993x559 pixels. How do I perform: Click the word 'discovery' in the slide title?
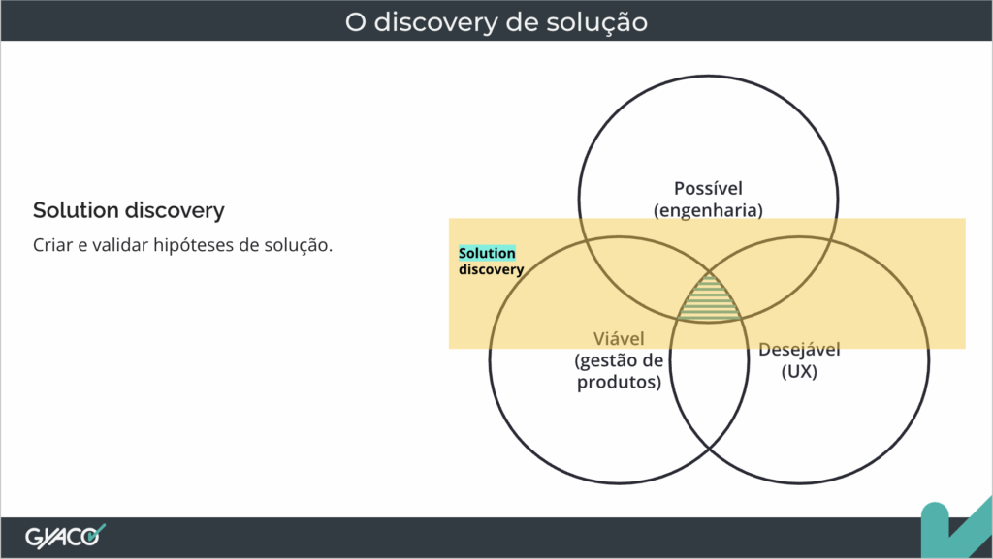pos(435,22)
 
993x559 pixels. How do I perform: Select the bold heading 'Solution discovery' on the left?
pos(129,210)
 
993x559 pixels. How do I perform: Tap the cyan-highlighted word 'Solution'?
pos(487,253)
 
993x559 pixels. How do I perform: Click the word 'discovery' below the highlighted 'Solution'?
pos(491,269)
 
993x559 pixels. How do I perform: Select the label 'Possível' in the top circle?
pos(708,189)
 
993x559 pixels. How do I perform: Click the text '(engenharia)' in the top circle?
pos(708,210)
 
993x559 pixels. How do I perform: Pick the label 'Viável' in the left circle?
pos(619,339)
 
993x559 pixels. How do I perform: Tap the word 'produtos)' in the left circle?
pos(619,382)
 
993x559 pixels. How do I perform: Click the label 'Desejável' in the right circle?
pos(799,350)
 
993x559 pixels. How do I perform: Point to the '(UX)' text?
pos(799,371)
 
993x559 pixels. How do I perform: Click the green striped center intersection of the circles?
pos(709,301)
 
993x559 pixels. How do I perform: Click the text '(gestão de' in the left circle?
pos(619,360)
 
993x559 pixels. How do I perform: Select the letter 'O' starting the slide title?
pos(355,22)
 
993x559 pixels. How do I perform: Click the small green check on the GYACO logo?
pos(96,533)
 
